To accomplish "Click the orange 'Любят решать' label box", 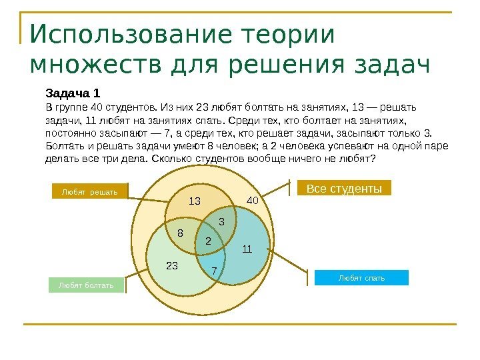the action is (x=89, y=192).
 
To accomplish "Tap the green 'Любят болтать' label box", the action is (x=86, y=285).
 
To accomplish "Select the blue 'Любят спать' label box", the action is (x=361, y=277).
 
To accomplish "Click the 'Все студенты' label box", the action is (x=343, y=189).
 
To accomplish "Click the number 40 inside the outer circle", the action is (x=253, y=200).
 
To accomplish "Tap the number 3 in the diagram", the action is (x=221, y=220).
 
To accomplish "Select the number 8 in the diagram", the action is (x=180, y=233).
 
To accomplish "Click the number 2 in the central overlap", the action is (x=208, y=240).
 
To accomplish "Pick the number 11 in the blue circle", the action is (x=247, y=249).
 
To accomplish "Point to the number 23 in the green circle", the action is (x=172, y=265).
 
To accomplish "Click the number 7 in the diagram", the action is (x=214, y=271).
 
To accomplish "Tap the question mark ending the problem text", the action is (x=373, y=159).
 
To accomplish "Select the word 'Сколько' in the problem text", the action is (x=169, y=159).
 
